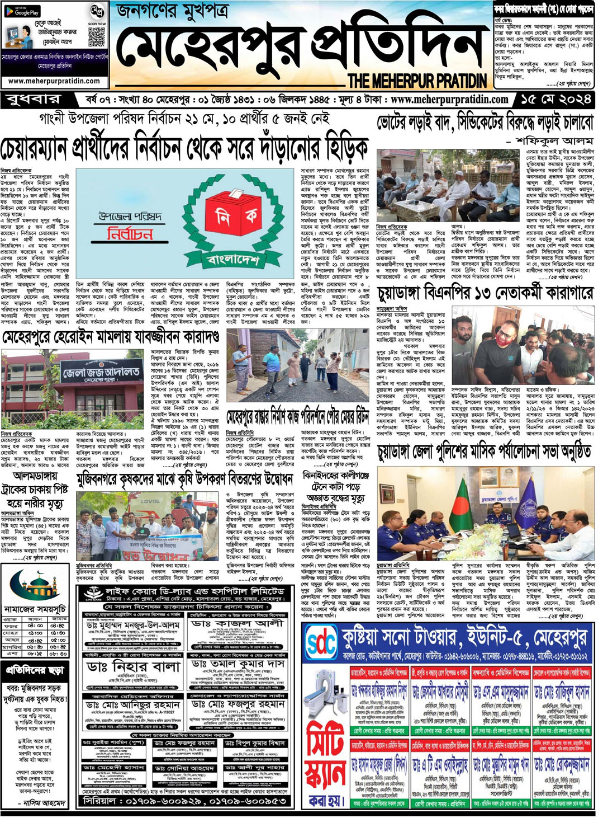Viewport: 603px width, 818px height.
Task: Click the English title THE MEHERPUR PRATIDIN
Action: [417, 81]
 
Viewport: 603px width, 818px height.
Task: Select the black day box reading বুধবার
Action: [34, 100]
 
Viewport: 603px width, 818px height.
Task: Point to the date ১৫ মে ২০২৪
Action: [555, 100]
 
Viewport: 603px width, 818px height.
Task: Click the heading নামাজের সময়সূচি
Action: [35, 609]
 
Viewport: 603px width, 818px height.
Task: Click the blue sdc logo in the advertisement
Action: [322, 644]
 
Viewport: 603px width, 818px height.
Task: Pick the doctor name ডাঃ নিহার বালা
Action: [134, 666]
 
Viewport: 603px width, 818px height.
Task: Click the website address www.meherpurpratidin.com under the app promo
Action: [55, 81]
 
